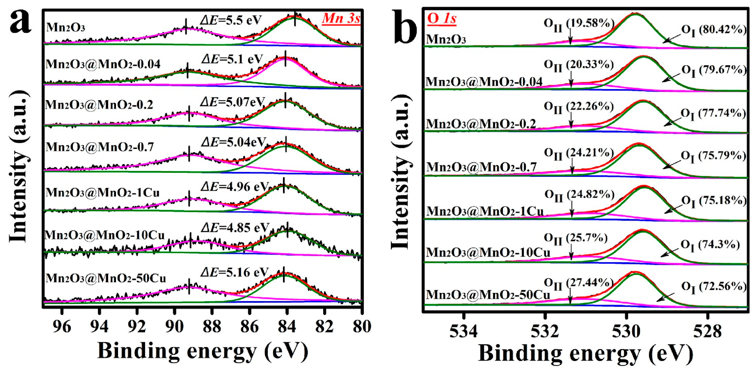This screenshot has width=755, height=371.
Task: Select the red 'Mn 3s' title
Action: coord(341,19)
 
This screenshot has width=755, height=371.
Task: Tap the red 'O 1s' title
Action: coord(442,18)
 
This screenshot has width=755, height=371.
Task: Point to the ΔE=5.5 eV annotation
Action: coord(231,20)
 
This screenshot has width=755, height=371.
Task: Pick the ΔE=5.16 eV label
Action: coord(235,272)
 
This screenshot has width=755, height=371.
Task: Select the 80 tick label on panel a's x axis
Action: coord(362,326)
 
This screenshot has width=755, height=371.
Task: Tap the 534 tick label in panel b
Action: coord(463,331)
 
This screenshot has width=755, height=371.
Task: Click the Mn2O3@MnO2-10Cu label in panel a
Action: coord(105,235)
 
